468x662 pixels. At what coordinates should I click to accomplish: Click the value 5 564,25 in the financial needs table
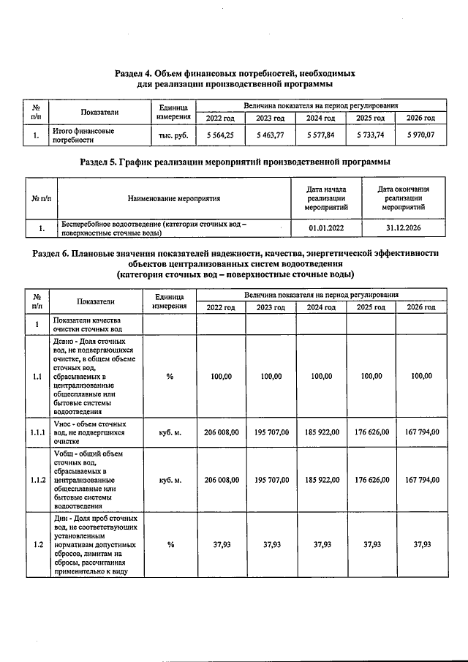[220, 135]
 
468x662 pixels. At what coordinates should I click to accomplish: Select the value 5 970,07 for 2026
[420, 135]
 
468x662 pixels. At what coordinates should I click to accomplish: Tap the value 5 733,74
[370, 135]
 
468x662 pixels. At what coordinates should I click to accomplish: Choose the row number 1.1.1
[37, 432]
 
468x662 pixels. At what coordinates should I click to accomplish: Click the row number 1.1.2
[37, 480]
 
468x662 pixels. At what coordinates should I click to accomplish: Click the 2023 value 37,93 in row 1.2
[271, 544]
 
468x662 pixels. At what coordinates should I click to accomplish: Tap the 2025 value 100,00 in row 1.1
[371, 376]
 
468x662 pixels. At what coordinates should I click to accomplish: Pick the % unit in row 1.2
[170, 544]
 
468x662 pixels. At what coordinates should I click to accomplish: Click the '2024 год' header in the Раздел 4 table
[320, 118]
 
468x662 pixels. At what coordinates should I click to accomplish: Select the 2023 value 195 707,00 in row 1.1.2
[271, 480]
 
